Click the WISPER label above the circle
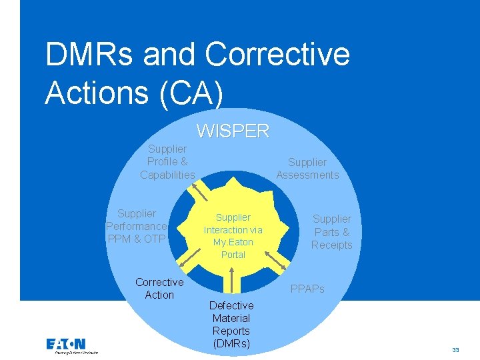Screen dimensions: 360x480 point(233,131)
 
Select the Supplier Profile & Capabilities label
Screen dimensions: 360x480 point(167,162)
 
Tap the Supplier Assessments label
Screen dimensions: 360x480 point(307,169)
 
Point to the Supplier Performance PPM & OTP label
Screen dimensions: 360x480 point(136,226)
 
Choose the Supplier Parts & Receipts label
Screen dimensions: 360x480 point(331,231)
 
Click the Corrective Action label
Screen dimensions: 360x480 point(159,289)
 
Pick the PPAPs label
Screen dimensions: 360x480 point(307,289)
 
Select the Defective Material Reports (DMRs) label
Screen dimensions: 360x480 point(231,325)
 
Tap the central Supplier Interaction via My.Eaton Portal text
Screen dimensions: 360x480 point(233,236)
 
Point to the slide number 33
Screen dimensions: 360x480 point(455,349)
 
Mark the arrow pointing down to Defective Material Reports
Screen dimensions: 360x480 point(231,279)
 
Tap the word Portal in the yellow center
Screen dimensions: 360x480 point(233,255)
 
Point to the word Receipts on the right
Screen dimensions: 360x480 point(331,245)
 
